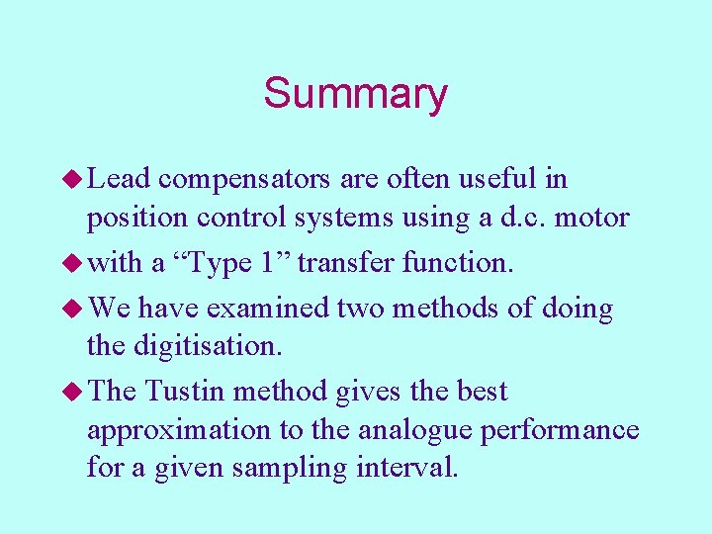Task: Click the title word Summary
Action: click(355, 94)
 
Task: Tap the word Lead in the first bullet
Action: click(119, 179)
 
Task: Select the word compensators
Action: click(244, 179)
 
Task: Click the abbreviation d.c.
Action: click(512, 218)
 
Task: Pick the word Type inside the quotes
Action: click(226, 263)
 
